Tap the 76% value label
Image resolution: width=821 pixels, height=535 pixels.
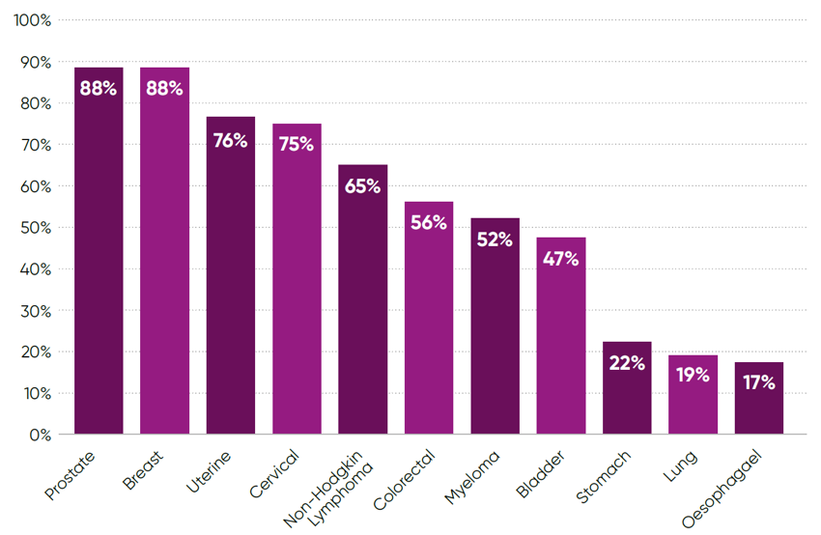[x=230, y=140]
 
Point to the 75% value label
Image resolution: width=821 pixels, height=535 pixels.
[x=297, y=145]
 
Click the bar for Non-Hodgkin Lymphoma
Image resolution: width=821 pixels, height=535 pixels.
[x=362, y=299]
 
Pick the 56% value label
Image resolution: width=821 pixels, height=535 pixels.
[x=428, y=222]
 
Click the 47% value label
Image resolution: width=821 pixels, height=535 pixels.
[x=560, y=259]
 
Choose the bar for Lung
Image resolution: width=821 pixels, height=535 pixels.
[x=693, y=395]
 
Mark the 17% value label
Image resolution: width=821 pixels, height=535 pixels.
[x=758, y=382]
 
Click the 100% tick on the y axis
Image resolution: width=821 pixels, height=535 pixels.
[x=33, y=20]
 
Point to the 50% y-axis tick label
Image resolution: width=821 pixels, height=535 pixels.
[x=36, y=228]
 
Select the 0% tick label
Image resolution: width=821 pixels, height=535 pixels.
[x=40, y=435]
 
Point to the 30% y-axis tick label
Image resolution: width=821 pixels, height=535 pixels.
[x=36, y=311]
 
